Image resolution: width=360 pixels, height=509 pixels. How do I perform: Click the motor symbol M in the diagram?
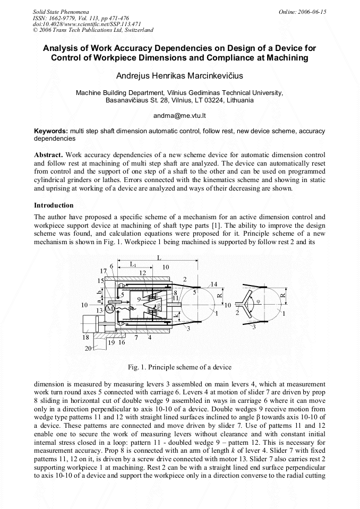(x=110, y=309)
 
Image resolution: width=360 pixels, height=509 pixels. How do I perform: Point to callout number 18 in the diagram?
(x=85, y=338)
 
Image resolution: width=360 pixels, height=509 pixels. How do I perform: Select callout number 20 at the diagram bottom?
(x=88, y=348)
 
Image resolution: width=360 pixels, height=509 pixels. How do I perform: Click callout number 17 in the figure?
(x=103, y=271)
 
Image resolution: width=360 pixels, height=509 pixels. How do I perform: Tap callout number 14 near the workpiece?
(x=213, y=285)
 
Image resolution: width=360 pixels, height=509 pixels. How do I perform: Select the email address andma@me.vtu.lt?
(x=179, y=115)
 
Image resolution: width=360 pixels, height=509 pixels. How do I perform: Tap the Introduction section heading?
(x=54, y=205)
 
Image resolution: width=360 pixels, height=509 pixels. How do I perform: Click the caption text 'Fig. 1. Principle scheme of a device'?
(x=179, y=367)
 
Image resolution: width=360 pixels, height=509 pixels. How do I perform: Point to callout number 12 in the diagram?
(x=142, y=273)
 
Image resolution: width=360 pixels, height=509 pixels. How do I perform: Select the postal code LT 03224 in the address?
(x=211, y=100)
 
